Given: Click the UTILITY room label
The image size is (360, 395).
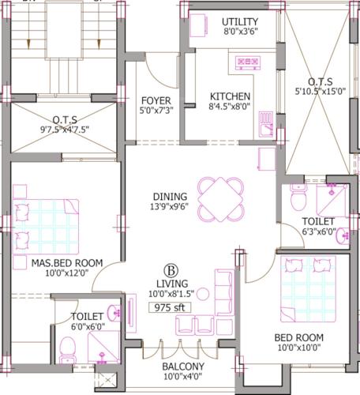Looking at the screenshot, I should [x=240, y=21].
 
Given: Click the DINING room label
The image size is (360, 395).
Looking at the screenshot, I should [x=171, y=197].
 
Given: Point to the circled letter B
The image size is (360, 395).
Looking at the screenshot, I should [x=168, y=268].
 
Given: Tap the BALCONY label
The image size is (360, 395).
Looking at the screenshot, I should [x=183, y=367].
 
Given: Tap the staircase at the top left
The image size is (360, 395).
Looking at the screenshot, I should [x=55, y=36].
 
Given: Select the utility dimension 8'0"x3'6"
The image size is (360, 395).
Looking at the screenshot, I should [x=240, y=32].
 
